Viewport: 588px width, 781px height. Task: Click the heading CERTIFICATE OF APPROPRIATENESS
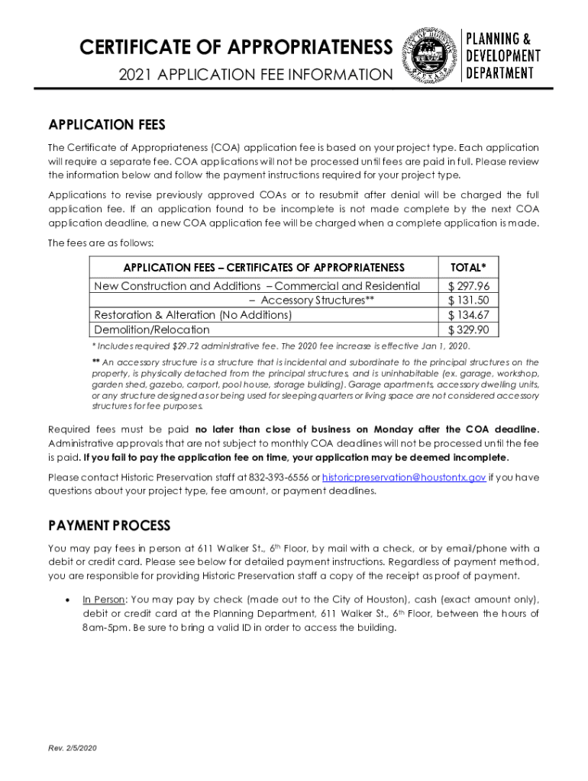coord(236,48)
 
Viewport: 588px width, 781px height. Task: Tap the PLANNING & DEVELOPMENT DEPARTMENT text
coord(502,56)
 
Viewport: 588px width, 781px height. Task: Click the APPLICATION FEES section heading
coord(106,125)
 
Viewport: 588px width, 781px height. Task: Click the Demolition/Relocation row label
coord(151,329)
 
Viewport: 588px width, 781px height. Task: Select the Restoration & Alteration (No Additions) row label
coord(192,315)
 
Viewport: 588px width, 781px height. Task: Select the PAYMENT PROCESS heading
coord(109,526)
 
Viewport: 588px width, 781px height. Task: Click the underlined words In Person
coord(103,599)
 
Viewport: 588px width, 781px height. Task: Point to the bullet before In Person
coord(69,599)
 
